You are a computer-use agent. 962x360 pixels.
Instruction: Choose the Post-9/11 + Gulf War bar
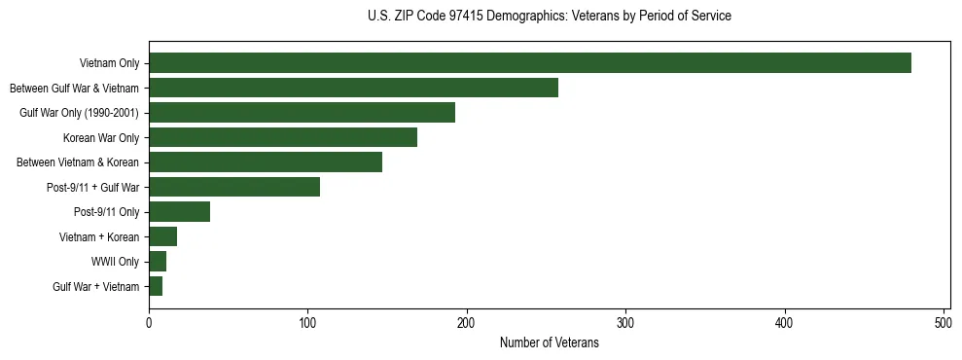pyautogui.click(x=234, y=187)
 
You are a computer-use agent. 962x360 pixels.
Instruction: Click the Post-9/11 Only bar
pyautogui.click(x=179, y=212)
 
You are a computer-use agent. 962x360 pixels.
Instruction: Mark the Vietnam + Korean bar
pyautogui.click(x=162, y=236)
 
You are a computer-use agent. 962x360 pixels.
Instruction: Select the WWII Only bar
pyautogui.click(x=158, y=262)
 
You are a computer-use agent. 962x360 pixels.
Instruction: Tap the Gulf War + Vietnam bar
pyautogui.click(x=156, y=286)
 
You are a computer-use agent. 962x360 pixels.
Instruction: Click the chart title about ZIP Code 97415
pyautogui.click(x=550, y=17)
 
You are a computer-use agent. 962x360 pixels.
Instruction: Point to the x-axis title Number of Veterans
pyautogui.click(x=550, y=343)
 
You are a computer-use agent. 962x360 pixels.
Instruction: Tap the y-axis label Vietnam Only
pyautogui.click(x=109, y=63)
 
